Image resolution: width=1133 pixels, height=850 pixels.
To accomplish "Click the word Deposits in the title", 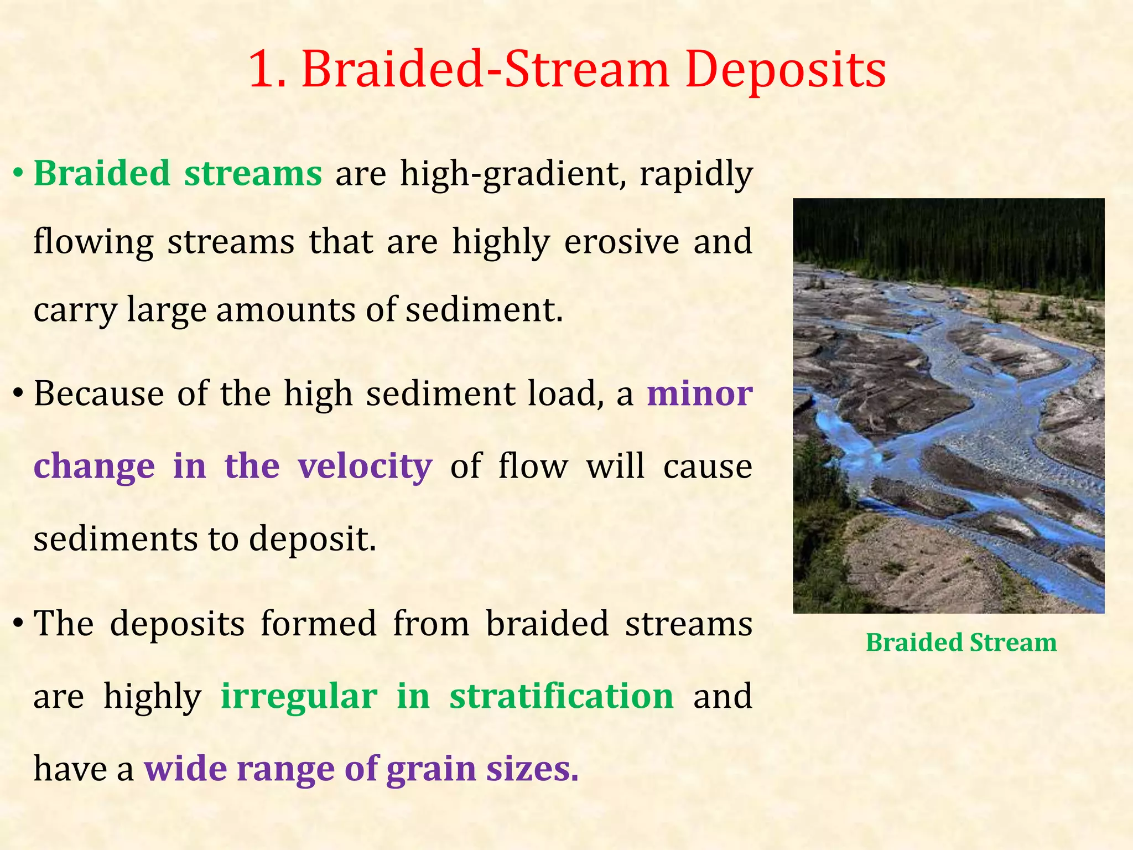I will pyautogui.click(x=786, y=71).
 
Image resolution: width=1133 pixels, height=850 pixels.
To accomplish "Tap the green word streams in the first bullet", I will pyautogui.click(x=253, y=174).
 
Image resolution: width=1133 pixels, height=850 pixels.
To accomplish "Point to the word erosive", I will pyautogui.click(x=621, y=242).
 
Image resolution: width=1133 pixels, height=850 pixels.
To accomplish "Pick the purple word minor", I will pyautogui.click(x=699, y=394).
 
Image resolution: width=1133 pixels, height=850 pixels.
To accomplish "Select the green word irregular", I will pyautogui.click(x=299, y=696).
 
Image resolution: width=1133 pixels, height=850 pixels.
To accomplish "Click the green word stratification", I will pyautogui.click(x=561, y=696).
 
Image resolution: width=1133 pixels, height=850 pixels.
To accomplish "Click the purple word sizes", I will pyautogui.click(x=532, y=769).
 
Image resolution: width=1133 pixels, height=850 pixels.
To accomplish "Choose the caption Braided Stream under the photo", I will pyautogui.click(x=961, y=643).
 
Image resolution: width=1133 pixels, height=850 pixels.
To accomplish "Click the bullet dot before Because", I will pyautogui.click(x=18, y=395).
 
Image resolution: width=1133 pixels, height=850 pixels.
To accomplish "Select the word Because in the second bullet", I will pyautogui.click(x=98, y=394).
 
